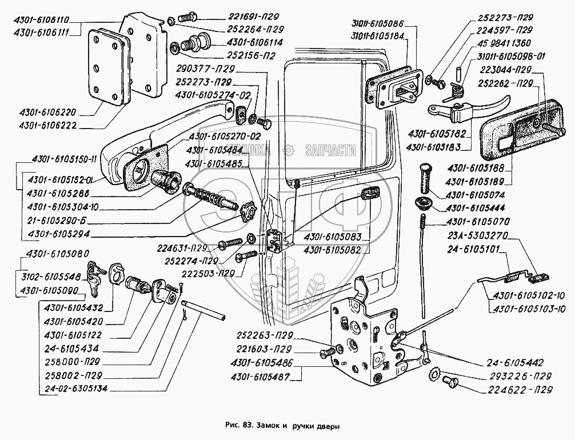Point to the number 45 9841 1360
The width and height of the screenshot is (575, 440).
[x=505, y=43]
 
